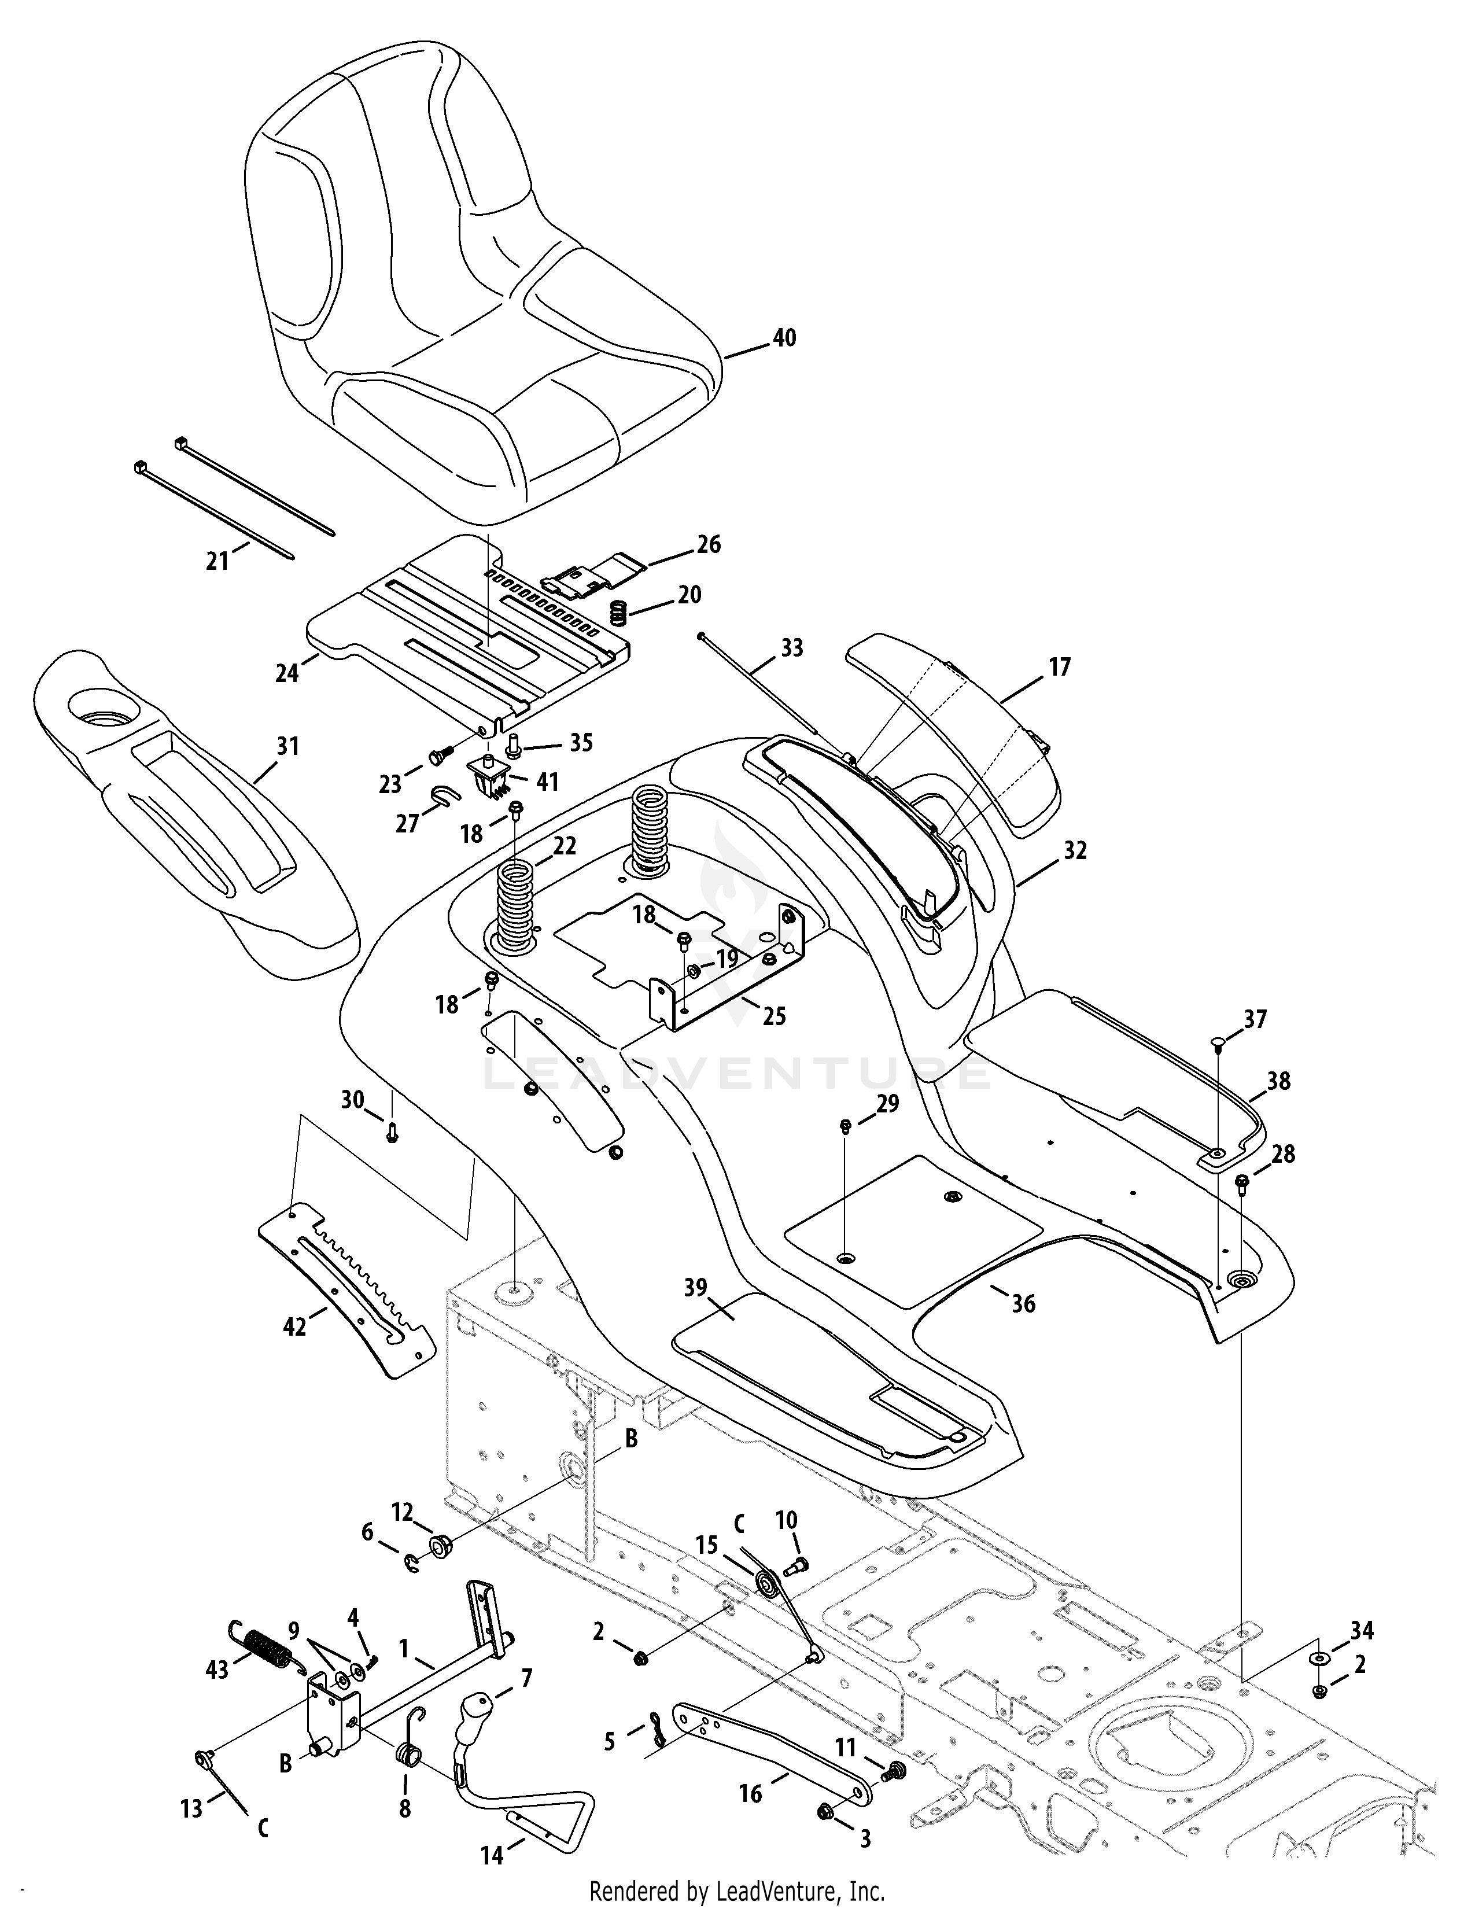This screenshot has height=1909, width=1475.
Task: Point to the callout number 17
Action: coord(1059,668)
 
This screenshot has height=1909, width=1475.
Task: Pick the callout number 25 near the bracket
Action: coord(773,1016)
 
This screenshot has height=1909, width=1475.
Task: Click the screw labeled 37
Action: coord(1218,1042)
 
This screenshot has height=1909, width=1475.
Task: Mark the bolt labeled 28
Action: coord(1242,1182)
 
